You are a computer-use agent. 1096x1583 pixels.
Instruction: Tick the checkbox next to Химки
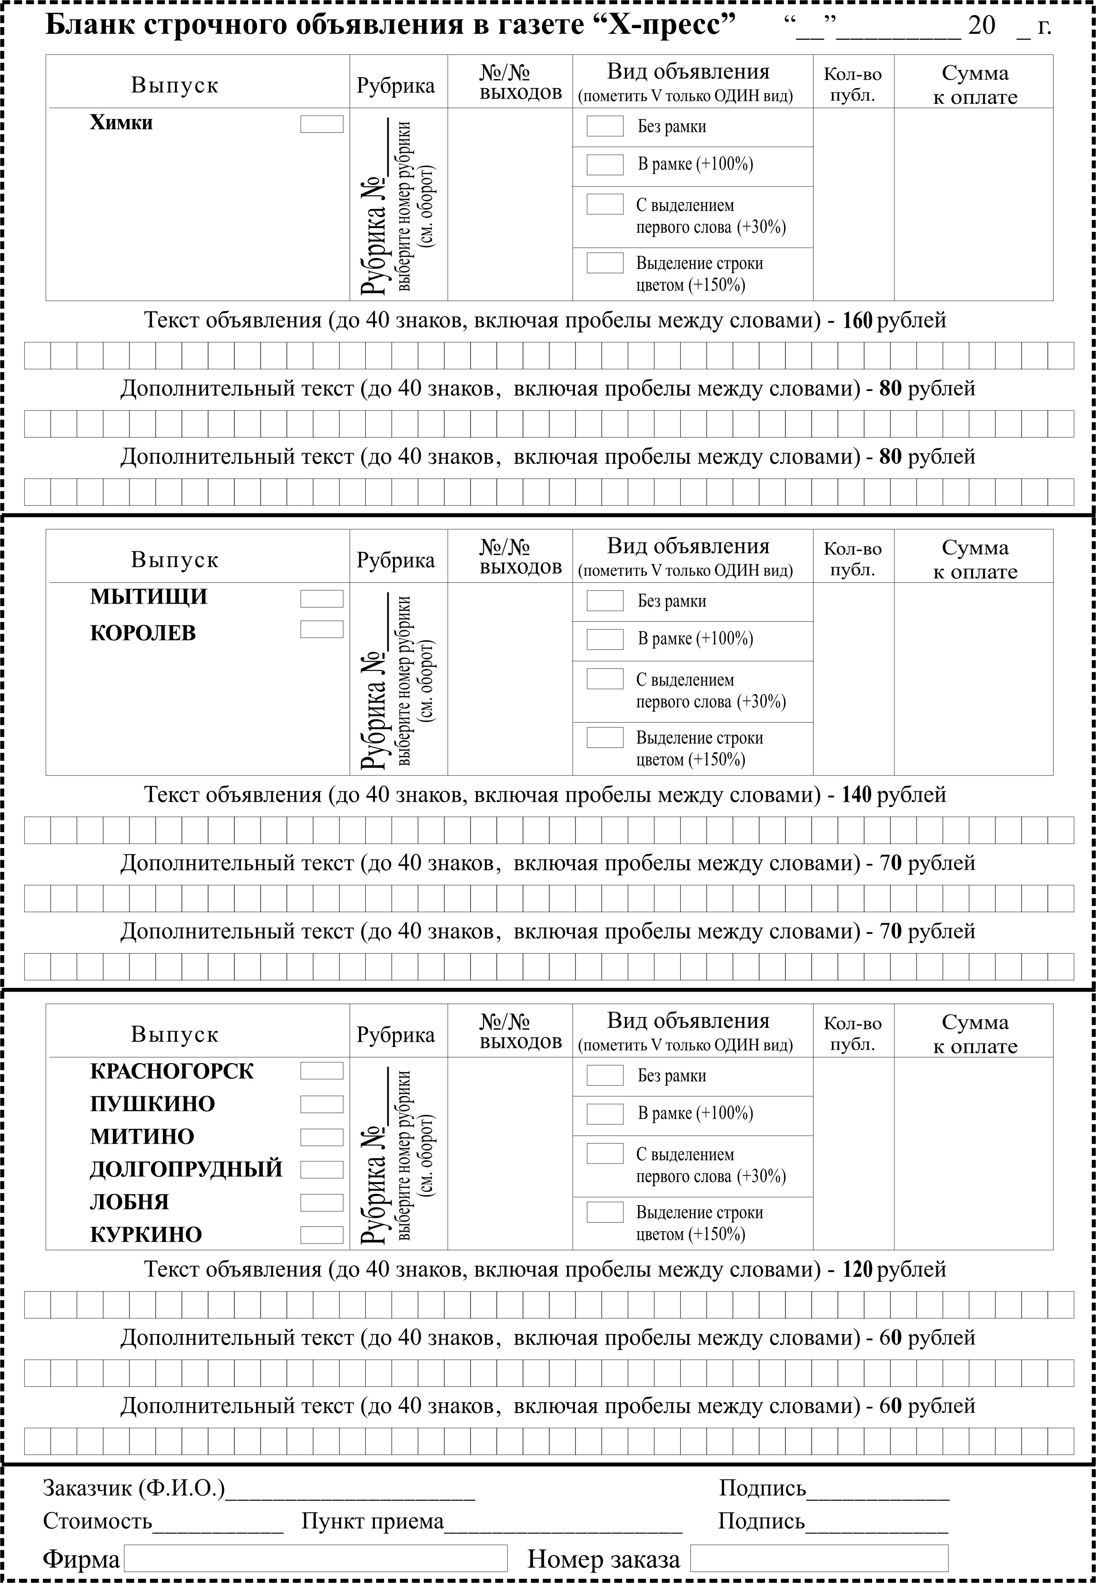pos(322,124)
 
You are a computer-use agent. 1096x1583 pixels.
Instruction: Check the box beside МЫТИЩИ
pos(322,598)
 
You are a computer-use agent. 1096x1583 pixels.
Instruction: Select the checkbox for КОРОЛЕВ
pos(322,629)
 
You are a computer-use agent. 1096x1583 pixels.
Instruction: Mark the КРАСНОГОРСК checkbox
pos(322,1071)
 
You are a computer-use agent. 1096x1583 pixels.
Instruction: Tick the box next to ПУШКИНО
pos(322,1104)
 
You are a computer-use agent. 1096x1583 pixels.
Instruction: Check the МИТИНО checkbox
pos(322,1137)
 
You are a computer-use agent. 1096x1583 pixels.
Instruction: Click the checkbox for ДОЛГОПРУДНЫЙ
pos(322,1169)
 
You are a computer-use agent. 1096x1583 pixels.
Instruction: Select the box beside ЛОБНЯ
pos(322,1202)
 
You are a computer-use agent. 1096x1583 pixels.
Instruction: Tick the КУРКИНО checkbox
pos(322,1235)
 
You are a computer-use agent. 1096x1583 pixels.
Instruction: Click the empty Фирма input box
pos(315,1558)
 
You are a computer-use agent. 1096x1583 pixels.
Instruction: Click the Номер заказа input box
pos(819,1558)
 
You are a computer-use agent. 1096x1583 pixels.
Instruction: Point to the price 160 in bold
pos(856,320)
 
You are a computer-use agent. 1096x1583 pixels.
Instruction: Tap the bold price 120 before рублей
pos(856,1269)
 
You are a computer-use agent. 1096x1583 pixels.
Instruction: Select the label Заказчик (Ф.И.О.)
pos(134,1488)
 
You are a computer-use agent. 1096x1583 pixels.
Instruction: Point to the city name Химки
pos(121,123)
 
